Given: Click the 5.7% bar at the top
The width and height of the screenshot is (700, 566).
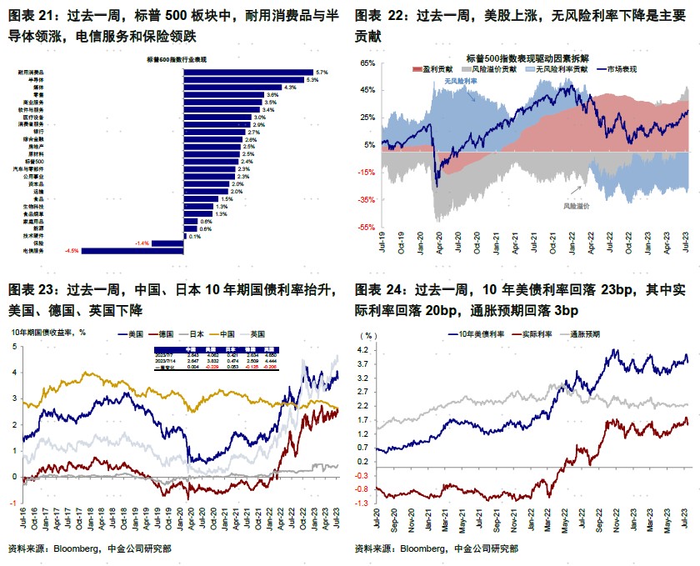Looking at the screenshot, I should click(247, 73).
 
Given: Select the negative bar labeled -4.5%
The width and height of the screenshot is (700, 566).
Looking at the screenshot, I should click(132, 250).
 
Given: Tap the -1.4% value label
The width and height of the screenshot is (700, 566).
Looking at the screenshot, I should click(142, 243).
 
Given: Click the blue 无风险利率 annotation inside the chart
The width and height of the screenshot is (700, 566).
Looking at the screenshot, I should click(460, 82).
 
